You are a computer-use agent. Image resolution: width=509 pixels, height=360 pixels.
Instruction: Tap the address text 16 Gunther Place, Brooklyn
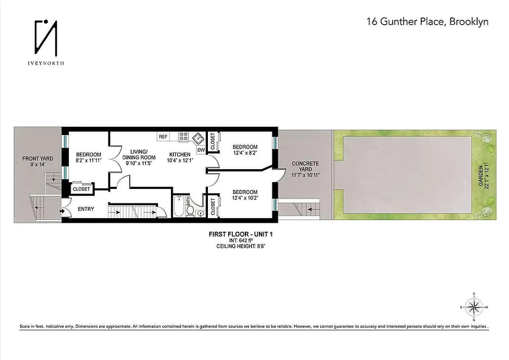pos(428,22)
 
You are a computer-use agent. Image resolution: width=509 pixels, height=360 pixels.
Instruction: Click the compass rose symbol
pos(474,308)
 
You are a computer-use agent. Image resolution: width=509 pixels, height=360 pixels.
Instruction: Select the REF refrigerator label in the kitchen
pos(163,136)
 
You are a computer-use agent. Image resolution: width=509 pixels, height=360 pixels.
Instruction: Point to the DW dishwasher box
pos(201,149)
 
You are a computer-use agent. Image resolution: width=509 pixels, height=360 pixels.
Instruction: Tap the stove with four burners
pos(184,136)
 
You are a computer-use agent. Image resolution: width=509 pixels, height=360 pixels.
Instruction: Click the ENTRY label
pos(86,209)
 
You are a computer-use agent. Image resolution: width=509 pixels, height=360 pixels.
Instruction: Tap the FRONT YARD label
pos(38,158)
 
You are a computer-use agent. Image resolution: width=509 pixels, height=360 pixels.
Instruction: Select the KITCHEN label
pos(180,154)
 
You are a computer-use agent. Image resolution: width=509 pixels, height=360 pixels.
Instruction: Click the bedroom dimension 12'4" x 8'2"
pos(245,153)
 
